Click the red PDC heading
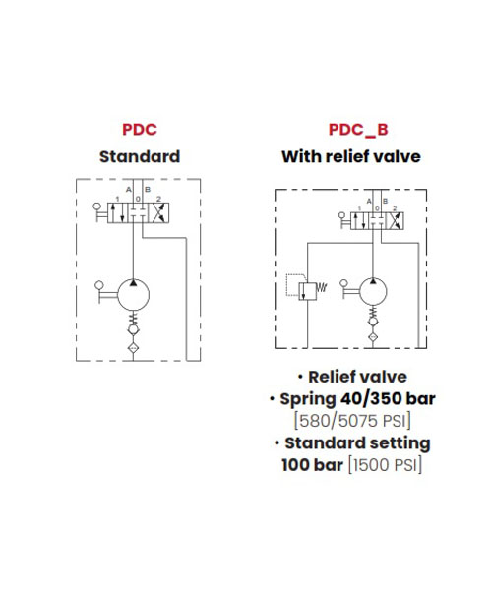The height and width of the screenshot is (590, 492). [140, 130]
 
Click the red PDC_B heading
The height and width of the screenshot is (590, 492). [358, 130]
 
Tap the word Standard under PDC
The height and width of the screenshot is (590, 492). [140, 156]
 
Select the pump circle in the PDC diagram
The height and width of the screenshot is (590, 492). [133, 295]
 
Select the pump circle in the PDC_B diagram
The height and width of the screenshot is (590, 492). [373, 291]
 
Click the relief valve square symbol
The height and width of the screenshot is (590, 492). [308, 291]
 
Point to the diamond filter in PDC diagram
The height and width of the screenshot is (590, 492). [133, 348]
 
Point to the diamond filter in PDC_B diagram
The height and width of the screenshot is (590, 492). [373, 336]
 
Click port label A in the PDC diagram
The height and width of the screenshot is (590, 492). [128, 189]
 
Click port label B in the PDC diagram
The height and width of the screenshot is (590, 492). [148, 189]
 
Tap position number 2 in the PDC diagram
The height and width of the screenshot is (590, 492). [158, 199]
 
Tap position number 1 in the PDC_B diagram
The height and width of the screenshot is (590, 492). [359, 208]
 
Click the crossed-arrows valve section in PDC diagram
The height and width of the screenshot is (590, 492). [159, 213]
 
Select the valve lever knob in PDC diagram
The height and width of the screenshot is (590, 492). [97, 206]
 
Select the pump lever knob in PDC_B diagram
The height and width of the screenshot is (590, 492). [343, 283]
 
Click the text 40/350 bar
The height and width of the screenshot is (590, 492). [388, 398]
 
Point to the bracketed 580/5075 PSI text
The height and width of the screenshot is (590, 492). [352, 420]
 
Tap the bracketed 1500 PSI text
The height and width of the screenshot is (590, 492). [385, 465]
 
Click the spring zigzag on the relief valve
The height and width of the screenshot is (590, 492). [322, 288]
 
